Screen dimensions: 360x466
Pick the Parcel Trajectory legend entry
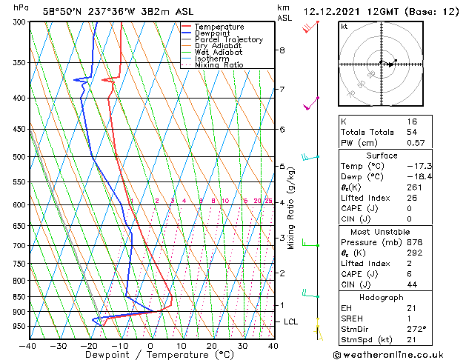pyautogui.click(x=228, y=40)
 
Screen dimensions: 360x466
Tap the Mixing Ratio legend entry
pyautogui.click(x=219, y=65)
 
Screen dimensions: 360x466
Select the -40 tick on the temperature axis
pyautogui.click(x=28, y=345)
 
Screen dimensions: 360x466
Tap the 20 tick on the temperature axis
pyautogui.click(x=211, y=345)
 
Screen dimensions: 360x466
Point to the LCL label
pyautogui.click(x=290, y=321)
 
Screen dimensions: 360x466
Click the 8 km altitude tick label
pyautogui.click(x=282, y=50)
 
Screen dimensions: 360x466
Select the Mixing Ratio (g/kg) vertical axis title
pyautogui.click(x=291, y=207)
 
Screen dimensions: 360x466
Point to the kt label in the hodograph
pyautogui.click(x=344, y=26)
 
